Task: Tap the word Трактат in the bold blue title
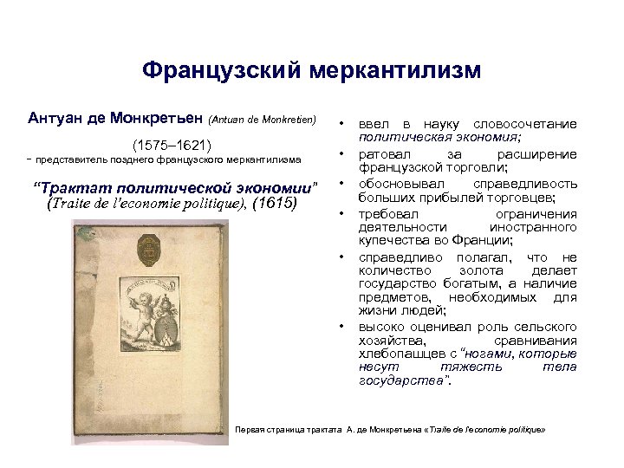[78, 188]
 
